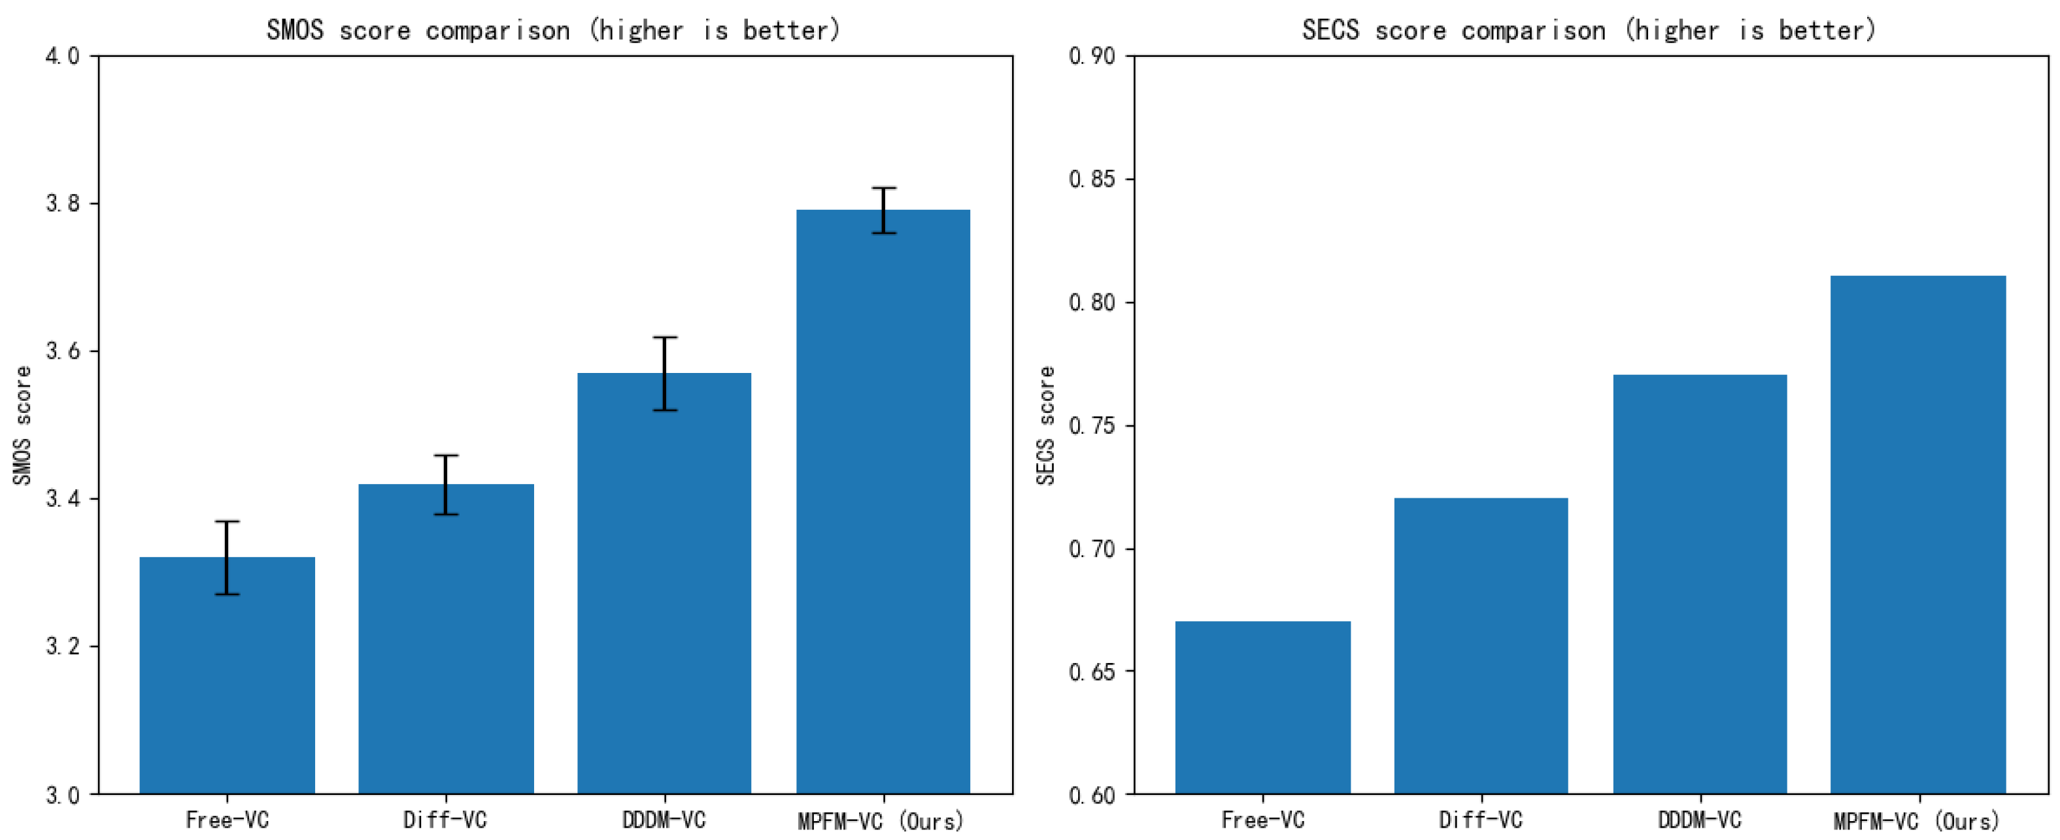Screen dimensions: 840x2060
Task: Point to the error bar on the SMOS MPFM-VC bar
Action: click(x=884, y=210)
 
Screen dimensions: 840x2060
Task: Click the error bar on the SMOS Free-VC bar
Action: click(x=227, y=557)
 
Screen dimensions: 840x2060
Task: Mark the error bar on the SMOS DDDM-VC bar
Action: click(x=664, y=373)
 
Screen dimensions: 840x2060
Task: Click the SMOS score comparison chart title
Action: click(x=553, y=30)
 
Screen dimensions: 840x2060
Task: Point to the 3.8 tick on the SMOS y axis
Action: click(x=63, y=204)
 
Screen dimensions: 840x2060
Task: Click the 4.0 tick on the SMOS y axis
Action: click(x=63, y=56)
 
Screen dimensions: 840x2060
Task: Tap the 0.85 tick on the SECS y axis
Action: click(x=1092, y=179)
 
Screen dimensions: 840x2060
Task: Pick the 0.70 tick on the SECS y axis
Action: click(x=1092, y=549)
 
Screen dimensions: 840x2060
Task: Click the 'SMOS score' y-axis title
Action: click(x=22, y=425)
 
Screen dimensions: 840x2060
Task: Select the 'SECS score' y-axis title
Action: click(x=1046, y=425)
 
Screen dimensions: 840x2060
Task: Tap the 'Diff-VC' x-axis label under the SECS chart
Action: click(x=1481, y=820)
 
